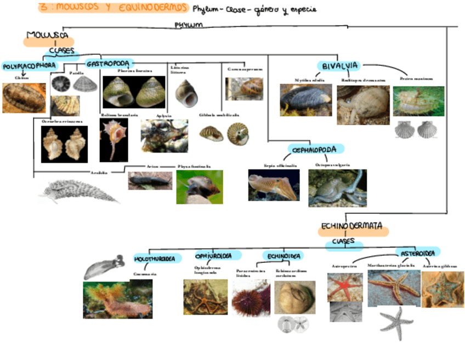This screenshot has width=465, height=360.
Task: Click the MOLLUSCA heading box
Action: pos(48,37)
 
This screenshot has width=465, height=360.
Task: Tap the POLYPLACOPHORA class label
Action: pos(29,66)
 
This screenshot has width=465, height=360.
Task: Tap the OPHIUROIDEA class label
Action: pos(218,256)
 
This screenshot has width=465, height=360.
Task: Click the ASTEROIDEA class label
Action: pos(417,254)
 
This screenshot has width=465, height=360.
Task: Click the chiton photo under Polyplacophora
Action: pos(24,98)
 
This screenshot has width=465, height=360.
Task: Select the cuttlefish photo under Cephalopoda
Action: pos(274,184)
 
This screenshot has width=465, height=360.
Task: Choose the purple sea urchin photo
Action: pos(251,298)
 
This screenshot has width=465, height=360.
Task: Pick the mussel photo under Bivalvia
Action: pos(305,100)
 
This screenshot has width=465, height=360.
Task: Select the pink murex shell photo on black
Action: pos(114,139)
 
